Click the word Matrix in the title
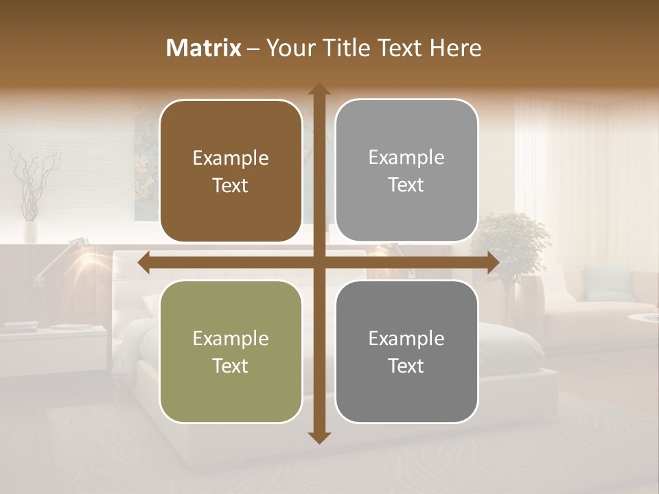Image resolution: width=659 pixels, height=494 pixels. pyautogui.click(x=203, y=48)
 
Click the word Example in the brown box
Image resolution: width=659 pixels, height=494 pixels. pyautogui.click(x=231, y=158)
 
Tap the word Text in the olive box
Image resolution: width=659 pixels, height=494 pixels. pyautogui.click(x=231, y=366)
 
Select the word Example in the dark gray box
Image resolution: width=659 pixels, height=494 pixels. pyautogui.click(x=406, y=338)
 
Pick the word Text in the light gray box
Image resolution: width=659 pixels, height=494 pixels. pyautogui.click(x=406, y=185)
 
